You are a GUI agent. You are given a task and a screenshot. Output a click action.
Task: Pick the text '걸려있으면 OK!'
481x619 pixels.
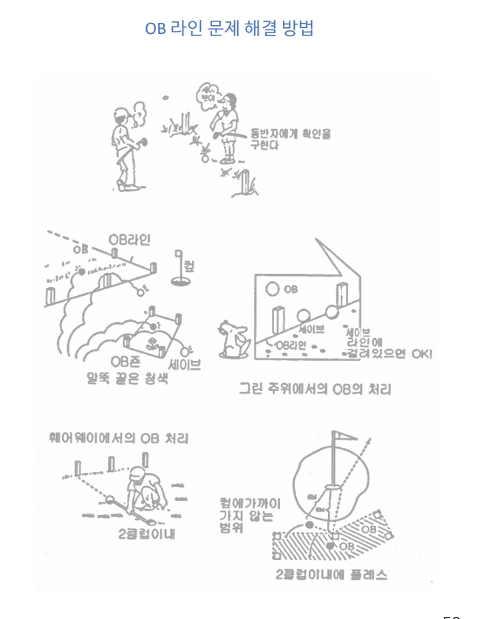coord(389,355)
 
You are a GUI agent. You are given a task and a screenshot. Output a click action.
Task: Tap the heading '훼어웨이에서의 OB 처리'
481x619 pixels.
coord(115,439)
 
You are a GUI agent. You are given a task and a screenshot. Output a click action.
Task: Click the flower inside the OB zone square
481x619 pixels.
coord(151,342)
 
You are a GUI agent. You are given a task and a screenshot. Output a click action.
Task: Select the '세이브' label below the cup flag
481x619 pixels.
coord(185,363)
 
